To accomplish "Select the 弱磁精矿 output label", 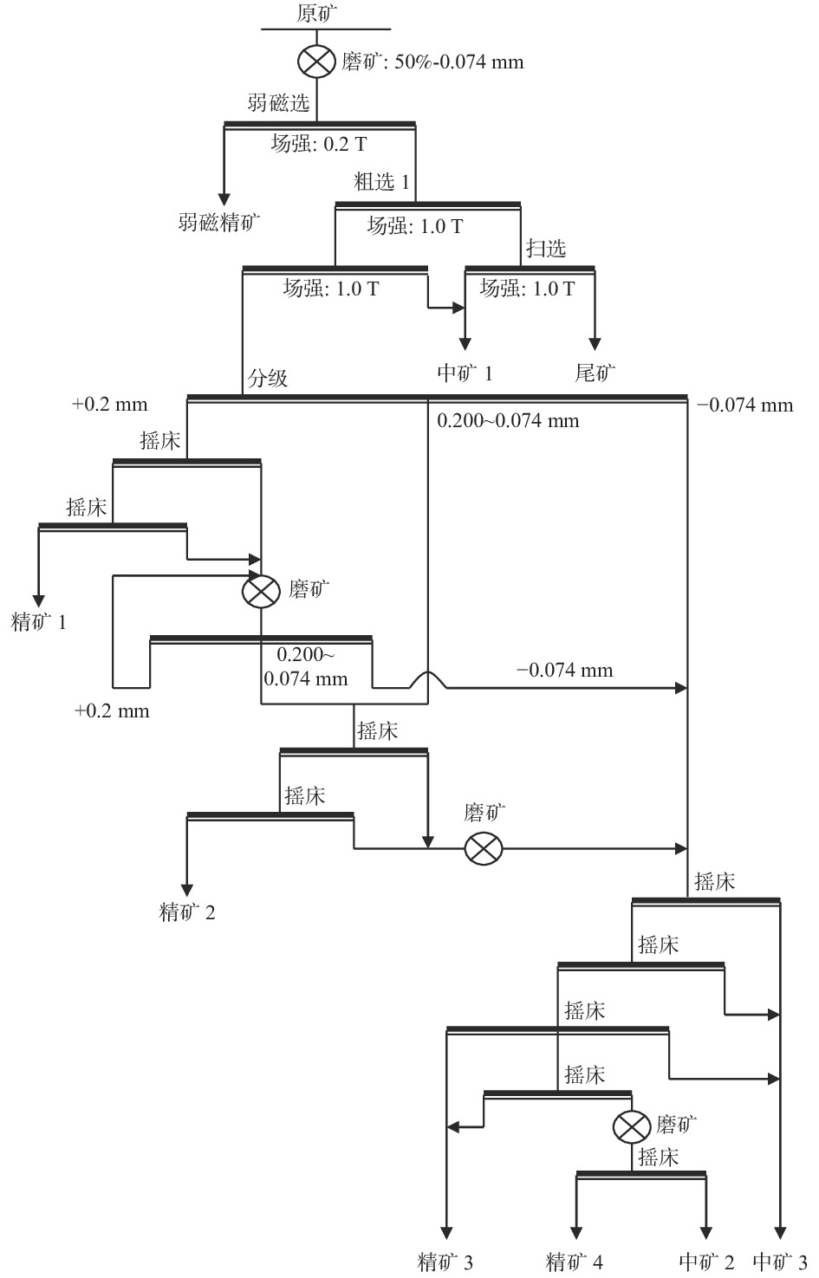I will point(219,223).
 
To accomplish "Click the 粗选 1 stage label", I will point(382,183).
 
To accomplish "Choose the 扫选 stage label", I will point(546,249).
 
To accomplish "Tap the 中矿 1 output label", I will point(465,373).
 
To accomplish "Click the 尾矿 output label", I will point(595,373).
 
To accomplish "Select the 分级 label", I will point(268,378).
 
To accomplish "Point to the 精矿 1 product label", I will point(39,621).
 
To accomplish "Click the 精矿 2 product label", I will point(187,912).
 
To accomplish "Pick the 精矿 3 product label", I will point(445,1262).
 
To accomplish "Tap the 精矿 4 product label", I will point(575,1262).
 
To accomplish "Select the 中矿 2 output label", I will point(707,1262).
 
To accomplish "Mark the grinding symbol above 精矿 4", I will point(632,1126).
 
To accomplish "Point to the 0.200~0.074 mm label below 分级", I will point(508,421).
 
